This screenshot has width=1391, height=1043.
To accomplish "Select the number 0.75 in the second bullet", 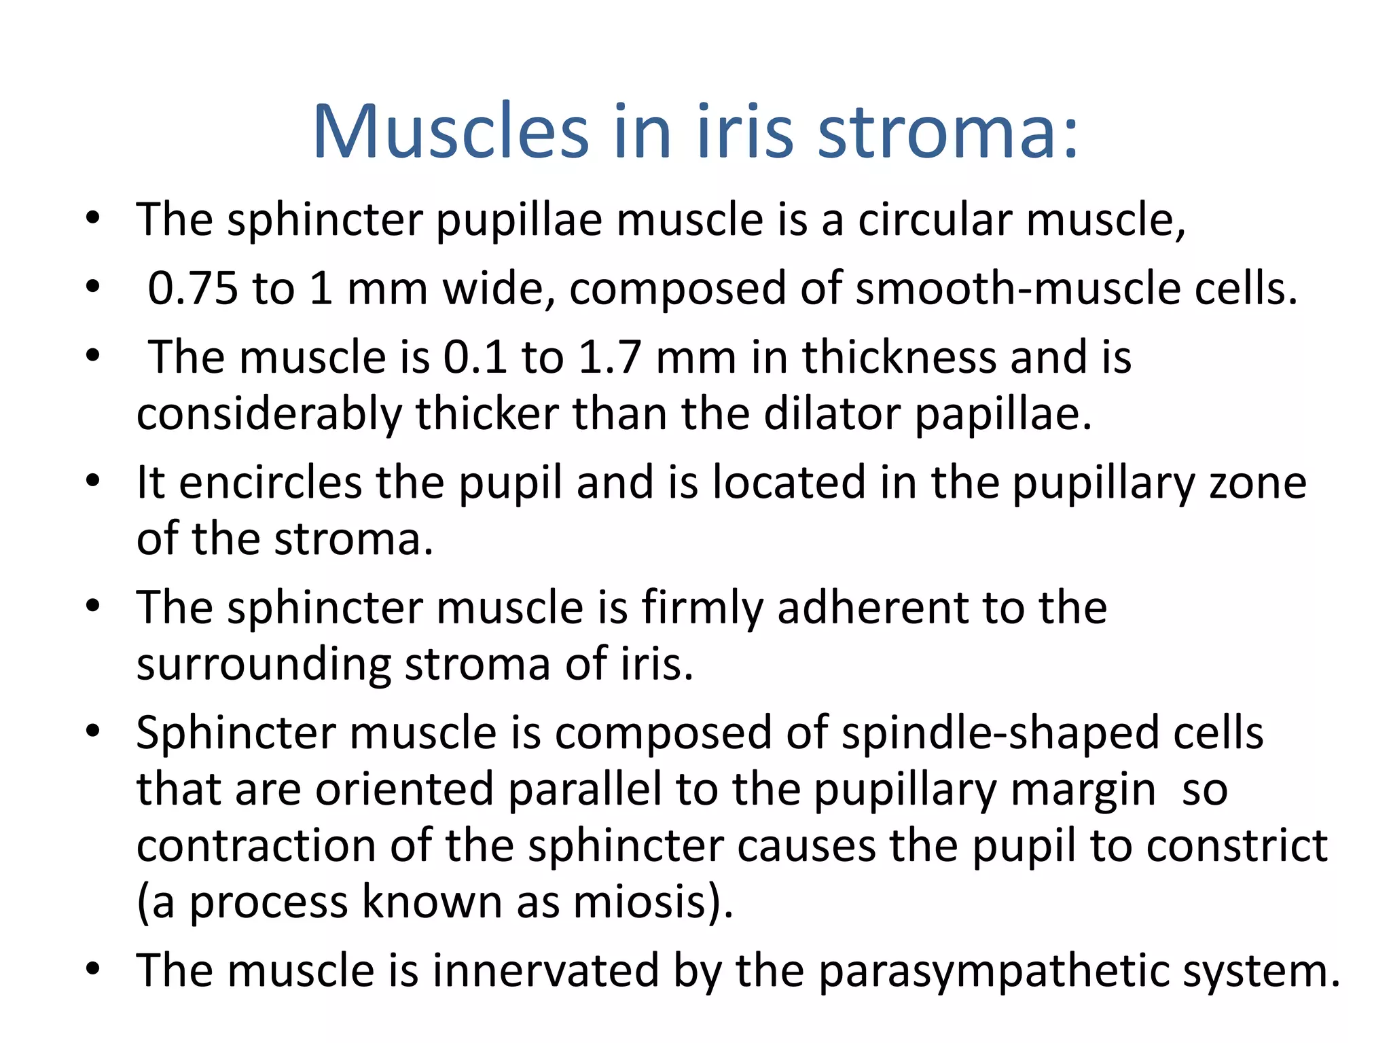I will [193, 288].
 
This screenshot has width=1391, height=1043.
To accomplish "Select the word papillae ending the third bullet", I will [1002, 414].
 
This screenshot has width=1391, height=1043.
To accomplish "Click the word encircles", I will [270, 483].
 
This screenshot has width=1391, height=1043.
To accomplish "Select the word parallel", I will [584, 790].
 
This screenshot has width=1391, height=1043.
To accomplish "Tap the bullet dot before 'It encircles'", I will [93, 481].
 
